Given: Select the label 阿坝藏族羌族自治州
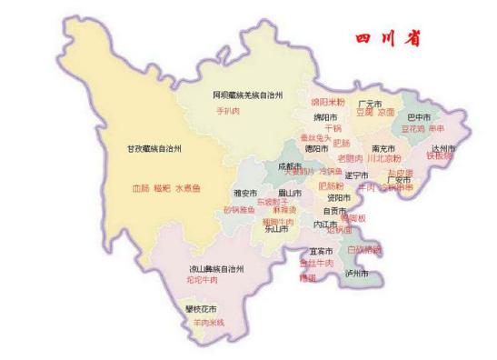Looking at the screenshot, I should coord(248,95).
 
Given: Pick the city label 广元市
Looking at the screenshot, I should coord(369,104).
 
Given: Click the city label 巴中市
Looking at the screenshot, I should coord(419,117).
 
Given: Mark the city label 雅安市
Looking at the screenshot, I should coord(245,193).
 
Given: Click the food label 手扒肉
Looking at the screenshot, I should coord(227,111).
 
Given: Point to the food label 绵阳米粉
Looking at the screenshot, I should coord(328,103).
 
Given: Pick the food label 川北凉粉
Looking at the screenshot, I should coord(385,158).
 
